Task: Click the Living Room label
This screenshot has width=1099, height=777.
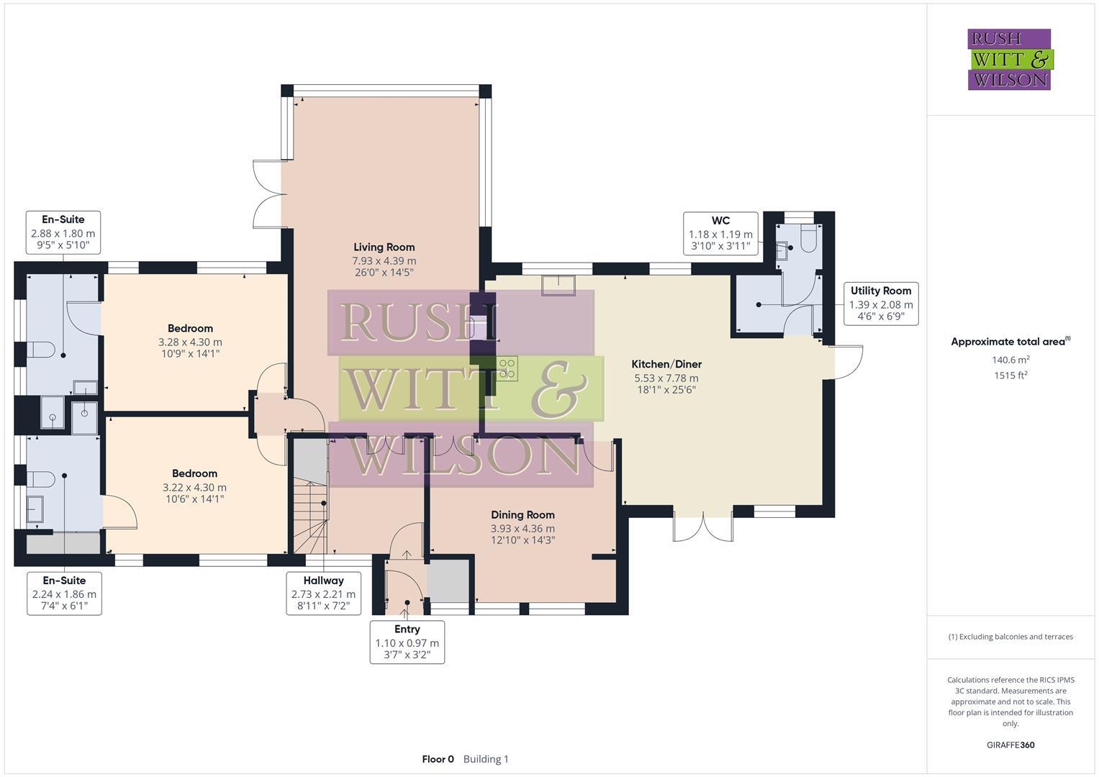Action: [x=384, y=247]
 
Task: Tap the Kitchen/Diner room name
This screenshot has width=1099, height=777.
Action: [x=666, y=365]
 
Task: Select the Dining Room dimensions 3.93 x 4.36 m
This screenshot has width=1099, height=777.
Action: [x=523, y=529]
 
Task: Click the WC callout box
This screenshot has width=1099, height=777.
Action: [x=720, y=233]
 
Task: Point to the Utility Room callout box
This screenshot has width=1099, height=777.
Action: [x=880, y=304]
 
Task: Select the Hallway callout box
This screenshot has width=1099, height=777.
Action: [x=323, y=594]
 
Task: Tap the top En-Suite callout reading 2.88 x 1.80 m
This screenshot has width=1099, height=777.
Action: [x=63, y=232]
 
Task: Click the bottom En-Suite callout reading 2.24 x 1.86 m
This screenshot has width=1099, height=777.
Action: [x=64, y=594]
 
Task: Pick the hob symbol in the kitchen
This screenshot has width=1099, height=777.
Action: [x=507, y=368]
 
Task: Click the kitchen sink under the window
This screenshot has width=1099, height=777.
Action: [x=558, y=285]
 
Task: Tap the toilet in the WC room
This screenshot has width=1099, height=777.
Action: [x=808, y=239]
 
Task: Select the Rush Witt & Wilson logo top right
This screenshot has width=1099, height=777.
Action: [x=1009, y=59]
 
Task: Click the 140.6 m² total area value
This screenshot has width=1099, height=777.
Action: [x=1010, y=360]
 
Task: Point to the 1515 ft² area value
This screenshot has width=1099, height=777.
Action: [x=1010, y=375]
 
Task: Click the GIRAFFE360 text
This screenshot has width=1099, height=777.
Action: [x=1010, y=745]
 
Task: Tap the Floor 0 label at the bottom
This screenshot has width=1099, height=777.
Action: [x=438, y=759]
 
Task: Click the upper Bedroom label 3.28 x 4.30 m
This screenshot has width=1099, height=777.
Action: [x=190, y=342]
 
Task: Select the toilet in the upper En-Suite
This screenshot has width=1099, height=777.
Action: [x=42, y=350]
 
